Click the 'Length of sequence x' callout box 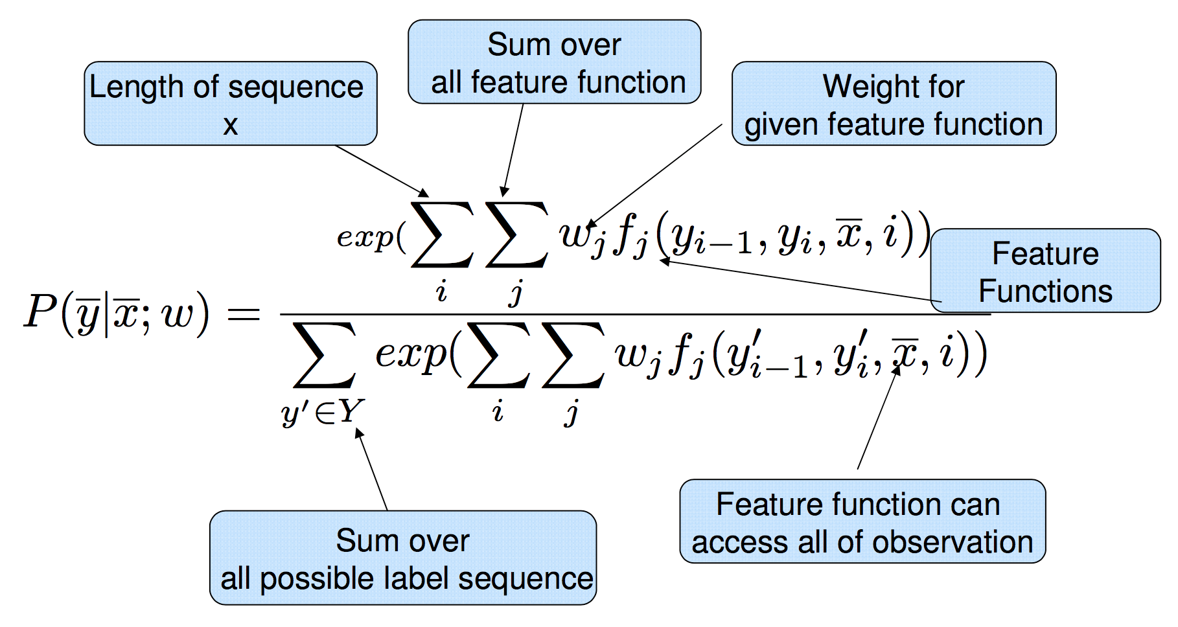point(230,104)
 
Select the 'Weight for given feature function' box point(894,104)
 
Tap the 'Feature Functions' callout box point(1045,271)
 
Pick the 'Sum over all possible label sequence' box point(402,558)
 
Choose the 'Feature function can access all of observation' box point(862,521)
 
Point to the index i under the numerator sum point(442,292)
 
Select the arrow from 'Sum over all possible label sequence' point(371,470)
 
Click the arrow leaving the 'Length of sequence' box point(381,170)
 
